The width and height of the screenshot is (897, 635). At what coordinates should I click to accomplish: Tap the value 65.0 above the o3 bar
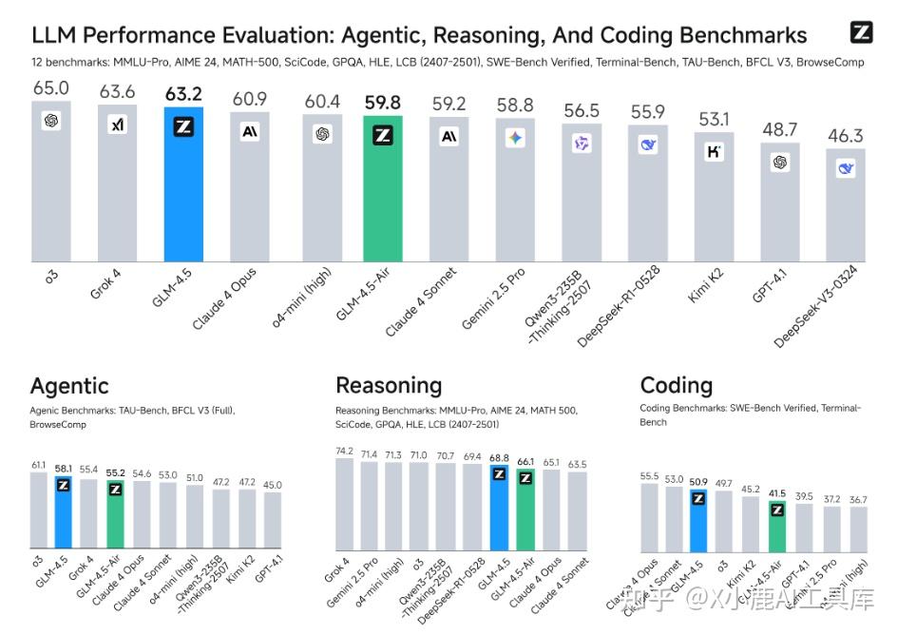pyautogui.click(x=51, y=88)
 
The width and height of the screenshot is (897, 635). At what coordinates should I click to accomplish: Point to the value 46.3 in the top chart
pyautogui.click(x=845, y=136)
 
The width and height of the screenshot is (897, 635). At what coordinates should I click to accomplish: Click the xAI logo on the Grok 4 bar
pyautogui.click(x=118, y=125)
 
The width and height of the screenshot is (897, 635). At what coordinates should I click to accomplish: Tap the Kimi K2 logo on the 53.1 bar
pyautogui.click(x=714, y=151)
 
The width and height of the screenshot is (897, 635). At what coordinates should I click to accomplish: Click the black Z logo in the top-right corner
pyautogui.click(x=861, y=32)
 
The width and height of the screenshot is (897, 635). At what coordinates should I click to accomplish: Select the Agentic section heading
pyautogui.click(x=69, y=386)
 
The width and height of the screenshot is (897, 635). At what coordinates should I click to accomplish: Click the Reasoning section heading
pyautogui.click(x=389, y=385)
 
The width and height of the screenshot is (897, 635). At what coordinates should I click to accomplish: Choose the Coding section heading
pyautogui.click(x=677, y=385)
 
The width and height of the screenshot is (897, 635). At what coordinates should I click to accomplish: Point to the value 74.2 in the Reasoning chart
pyautogui.click(x=344, y=451)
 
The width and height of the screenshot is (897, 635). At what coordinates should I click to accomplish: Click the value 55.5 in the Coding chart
pyautogui.click(x=649, y=476)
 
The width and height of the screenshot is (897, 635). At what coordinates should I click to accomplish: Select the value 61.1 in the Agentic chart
pyautogui.click(x=38, y=465)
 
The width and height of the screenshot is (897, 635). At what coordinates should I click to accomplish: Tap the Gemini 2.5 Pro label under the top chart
pyautogui.click(x=495, y=298)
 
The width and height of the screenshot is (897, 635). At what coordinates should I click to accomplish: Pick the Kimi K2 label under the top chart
pyautogui.click(x=705, y=285)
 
